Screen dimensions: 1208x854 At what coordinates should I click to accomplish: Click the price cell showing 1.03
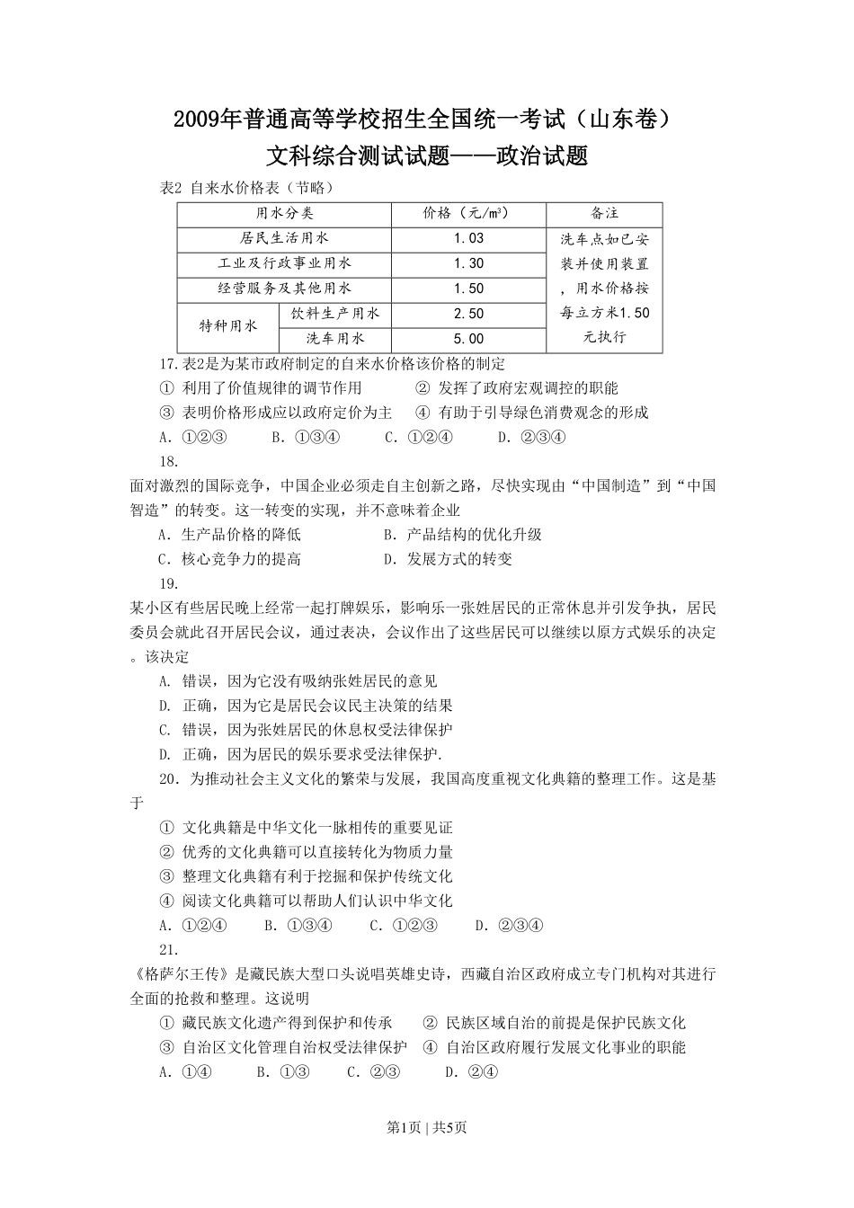[x=468, y=238]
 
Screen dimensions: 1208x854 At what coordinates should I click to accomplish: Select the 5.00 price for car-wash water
[x=468, y=339]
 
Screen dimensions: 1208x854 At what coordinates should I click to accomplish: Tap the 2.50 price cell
[x=468, y=314]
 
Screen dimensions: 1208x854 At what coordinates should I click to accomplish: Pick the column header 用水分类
[x=284, y=213]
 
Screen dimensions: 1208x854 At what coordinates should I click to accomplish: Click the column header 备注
[x=604, y=213]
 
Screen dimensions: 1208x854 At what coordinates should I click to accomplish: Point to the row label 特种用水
[x=228, y=326]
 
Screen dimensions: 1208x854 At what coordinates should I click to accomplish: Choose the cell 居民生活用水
[x=284, y=238]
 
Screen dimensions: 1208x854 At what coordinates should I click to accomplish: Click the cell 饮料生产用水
[x=335, y=314]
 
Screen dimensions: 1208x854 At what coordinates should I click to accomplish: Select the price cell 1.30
[x=468, y=263]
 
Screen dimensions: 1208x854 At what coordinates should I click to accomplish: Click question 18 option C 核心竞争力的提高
[x=230, y=559]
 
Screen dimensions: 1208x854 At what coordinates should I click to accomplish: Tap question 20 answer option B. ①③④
[x=299, y=926]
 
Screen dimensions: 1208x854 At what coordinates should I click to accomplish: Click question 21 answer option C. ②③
[x=374, y=1071]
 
